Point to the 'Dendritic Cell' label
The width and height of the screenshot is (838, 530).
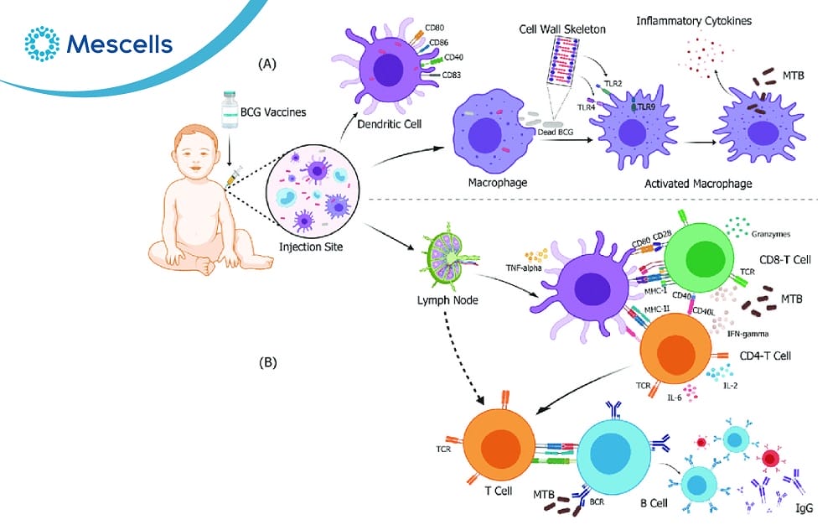point(378,123)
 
